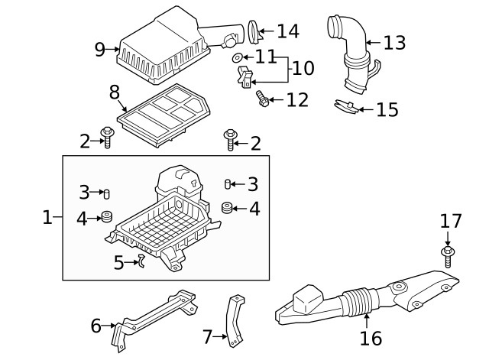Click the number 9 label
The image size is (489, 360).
pyautogui.click(x=100, y=50)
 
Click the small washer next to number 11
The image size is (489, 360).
pyautogui.click(x=238, y=58)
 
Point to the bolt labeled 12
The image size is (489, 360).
pyautogui.click(x=264, y=99)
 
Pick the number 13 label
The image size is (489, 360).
pyautogui.click(x=394, y=43)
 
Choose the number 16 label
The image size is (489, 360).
pyautogui.click(x=371, y=337)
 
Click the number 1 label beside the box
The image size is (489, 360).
pyautogui.click(x=47, y=218)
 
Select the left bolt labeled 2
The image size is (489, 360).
pyautogui.click(x=106, y=139)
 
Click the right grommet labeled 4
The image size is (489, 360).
pyautogui.click(x=227, y=207)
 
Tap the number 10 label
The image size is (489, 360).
pyautogui.click(x=303, y=69)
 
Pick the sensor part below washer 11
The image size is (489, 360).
pyautogui.click(x=244, y=77)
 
